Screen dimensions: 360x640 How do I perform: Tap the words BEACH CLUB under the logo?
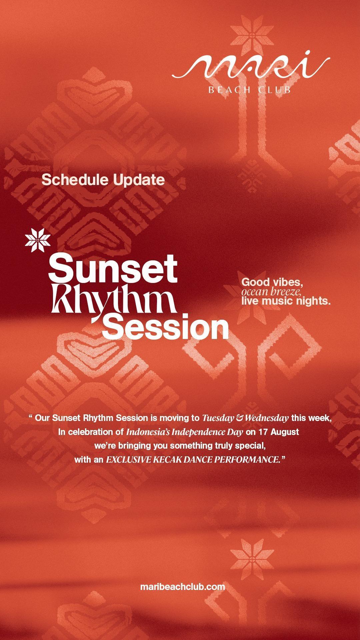pos(249,90)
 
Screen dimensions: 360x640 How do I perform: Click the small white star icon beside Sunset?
pos(38,239)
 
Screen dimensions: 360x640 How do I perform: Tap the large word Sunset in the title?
pos(113,267)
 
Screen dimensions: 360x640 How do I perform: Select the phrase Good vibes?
pos(272,282)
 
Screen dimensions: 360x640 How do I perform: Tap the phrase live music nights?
pos(286,301)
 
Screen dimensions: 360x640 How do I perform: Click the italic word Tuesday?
pos(218,418)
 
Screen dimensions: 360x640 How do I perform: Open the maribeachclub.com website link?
pos(183,586)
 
